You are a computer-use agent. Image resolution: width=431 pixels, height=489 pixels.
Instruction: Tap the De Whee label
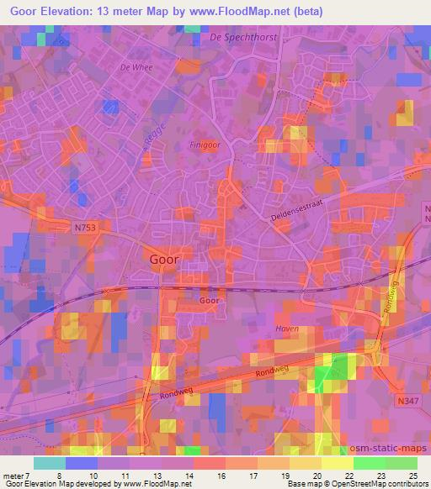[136, 67]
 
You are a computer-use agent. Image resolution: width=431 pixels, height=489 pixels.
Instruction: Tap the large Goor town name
[163, 260]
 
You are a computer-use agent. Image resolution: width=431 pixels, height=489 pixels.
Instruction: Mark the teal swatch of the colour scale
[50, 463]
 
